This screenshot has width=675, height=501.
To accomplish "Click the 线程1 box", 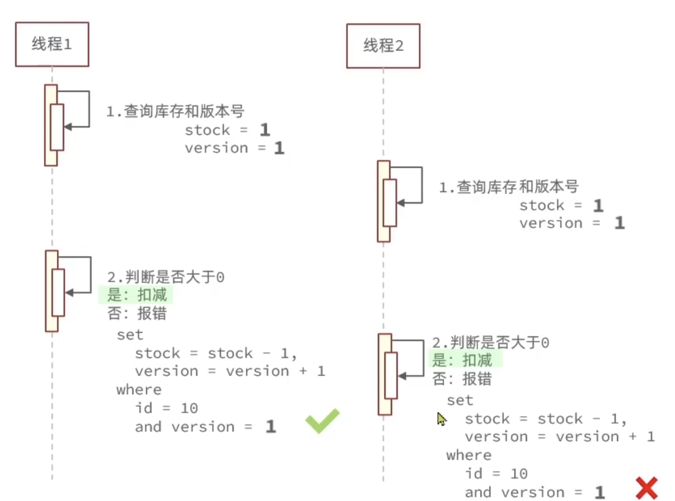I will pyautogui.click(x=52, y=44).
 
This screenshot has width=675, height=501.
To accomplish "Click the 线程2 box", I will pyautogui.click(x=383, y=45).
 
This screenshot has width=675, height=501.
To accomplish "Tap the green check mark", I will pyautogui.click(x=323, y=420).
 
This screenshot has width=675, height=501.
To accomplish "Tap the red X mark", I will pyautogui.click(x=647, y=488).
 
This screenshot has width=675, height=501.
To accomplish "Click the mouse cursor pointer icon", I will pyautogui.click(x=441, y=419).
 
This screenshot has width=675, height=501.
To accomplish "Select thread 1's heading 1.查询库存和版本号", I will pyautogui.click(x=175, y=111).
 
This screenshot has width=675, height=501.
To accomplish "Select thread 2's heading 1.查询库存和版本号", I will pyautogui.click(x=508, y=187).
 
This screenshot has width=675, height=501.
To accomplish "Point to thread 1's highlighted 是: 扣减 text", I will pyautogui.click(x=137, y=294).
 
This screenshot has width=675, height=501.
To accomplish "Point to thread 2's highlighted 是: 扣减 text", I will pyautogui.click(x=462, y=360).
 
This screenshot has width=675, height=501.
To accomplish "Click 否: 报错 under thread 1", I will pyautogui.click(x=137, y=313).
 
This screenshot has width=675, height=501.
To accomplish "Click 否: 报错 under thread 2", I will pyautogui.click(x=462, y=379).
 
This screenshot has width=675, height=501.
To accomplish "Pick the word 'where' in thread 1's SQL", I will pyautogui.click(x=139, y=390).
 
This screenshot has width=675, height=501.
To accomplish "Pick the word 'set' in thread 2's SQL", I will pyautogui.click(x=460, y=400).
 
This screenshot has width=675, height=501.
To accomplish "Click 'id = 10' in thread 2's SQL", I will pyautogui.click(x=496, y=473).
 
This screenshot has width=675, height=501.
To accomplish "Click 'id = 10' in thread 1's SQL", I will pyautogui.click(x=167, y=408).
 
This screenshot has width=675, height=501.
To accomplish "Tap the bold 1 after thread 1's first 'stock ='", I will pyautogui.click(x=265, y=130).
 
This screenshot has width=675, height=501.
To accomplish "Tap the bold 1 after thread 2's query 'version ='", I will pyautogui.click(x=619, y=223).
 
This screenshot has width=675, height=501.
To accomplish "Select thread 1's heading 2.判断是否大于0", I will pyautogui.click(x=166, y=276).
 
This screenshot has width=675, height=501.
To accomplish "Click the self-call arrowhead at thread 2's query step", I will pyautogui.click(x=400, y=203).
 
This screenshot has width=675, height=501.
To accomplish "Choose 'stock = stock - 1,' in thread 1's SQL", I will pyautogui.click(x=215, y=353).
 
